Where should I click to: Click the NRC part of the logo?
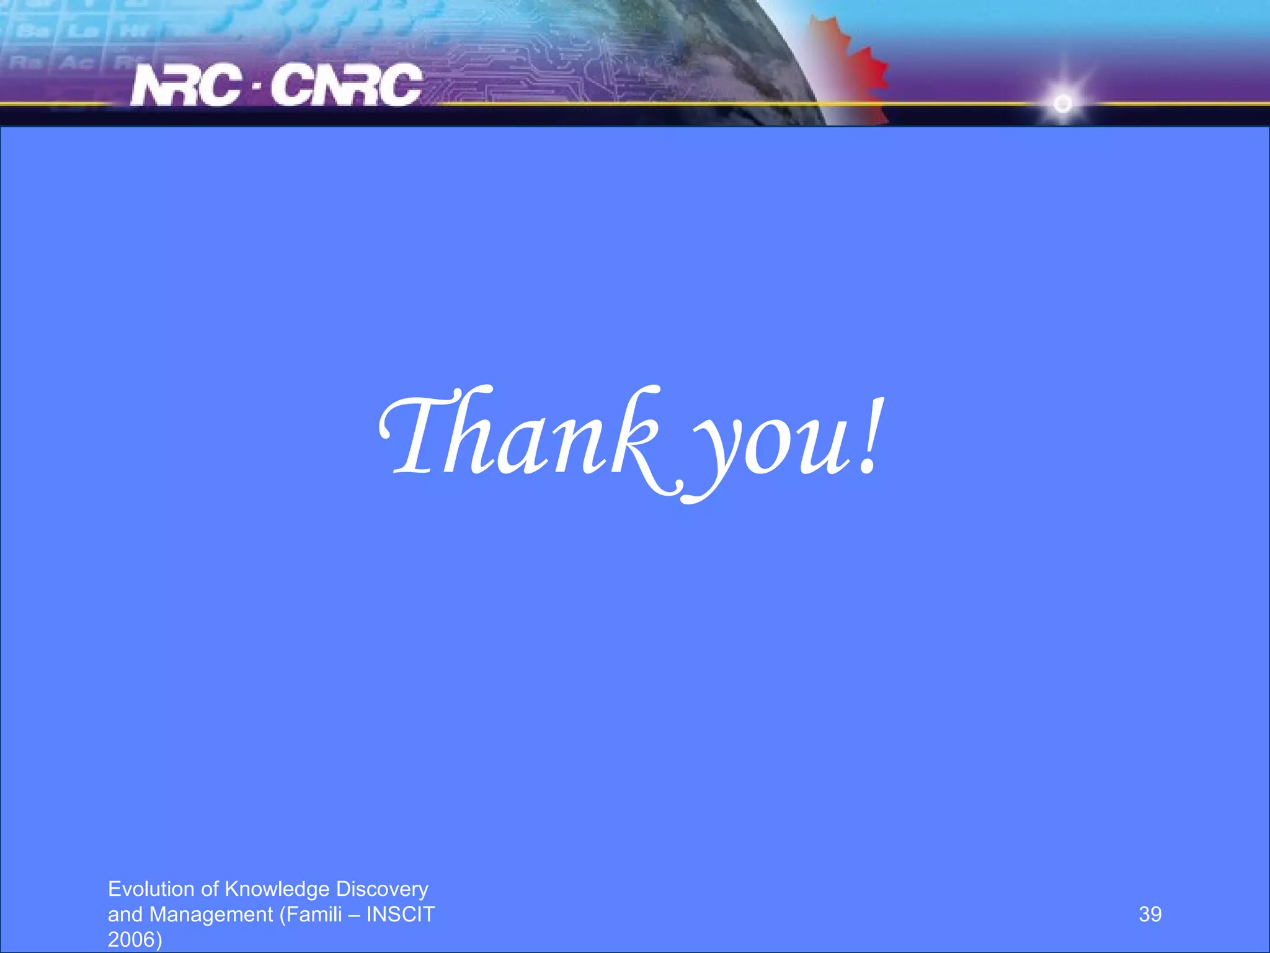pos(186,86)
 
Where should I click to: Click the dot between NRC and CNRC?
pos(257,92)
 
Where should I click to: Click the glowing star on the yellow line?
pos(1062,103)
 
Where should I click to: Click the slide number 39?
pos(1150,914)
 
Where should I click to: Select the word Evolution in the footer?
pos(151,889)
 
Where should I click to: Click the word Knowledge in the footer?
pos(277,889)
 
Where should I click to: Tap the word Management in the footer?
pos(211,915)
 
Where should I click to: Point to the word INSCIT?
pos(401,915)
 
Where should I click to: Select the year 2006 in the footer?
pos(131,939)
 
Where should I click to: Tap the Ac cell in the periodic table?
pos(76,62)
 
